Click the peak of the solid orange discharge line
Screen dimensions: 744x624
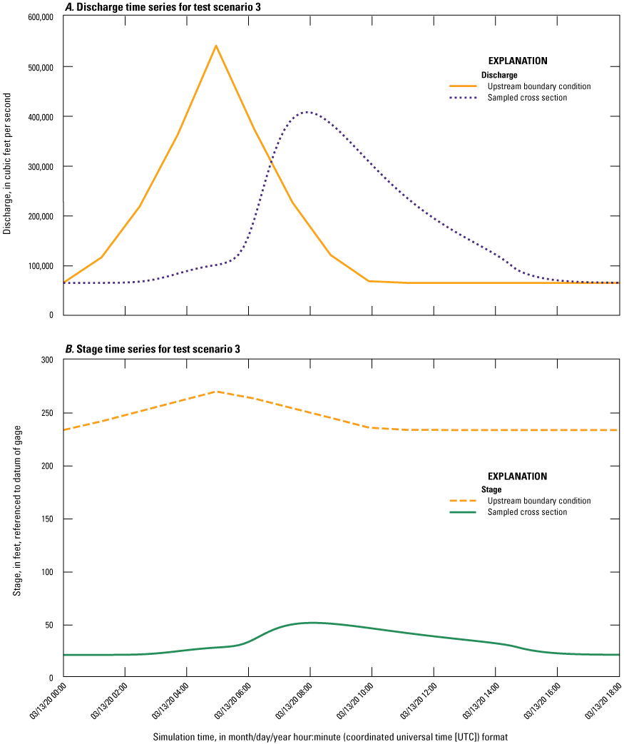pos(216,46)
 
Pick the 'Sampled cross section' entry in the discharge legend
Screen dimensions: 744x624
pos(527,98)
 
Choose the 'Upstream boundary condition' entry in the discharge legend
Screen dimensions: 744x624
pos(538,86)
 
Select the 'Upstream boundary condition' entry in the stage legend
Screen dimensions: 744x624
pos(538,501)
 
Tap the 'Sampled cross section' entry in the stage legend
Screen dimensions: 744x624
pos(527,512)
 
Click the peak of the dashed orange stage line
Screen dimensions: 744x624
pos(216,392)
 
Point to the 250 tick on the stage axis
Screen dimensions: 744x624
pos(49,413)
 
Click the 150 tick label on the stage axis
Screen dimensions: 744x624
pos(49,519)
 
